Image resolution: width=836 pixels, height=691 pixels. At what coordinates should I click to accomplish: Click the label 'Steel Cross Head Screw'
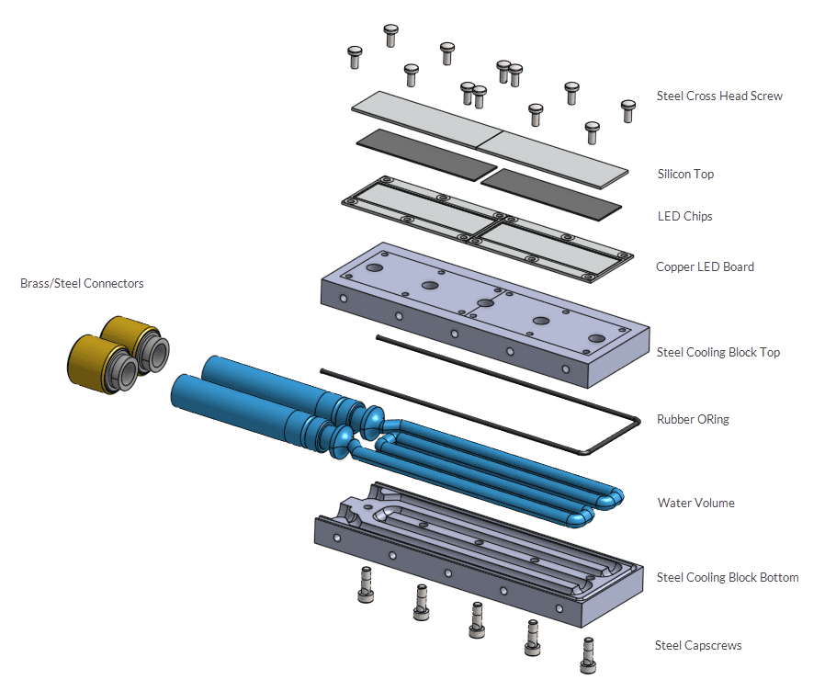coord(719,96)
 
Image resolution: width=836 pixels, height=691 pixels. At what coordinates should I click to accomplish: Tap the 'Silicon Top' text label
coord(685,174)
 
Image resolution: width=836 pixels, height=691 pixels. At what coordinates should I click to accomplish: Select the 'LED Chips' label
coord(684,217)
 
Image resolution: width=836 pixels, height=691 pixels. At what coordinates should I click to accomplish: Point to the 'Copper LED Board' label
coord(705,267)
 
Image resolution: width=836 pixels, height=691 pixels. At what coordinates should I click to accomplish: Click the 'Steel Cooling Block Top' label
coord(718,352)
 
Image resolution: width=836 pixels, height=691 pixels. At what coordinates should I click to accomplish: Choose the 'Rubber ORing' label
coord(693,419)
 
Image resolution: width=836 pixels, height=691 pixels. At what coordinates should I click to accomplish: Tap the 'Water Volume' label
coord(695,503)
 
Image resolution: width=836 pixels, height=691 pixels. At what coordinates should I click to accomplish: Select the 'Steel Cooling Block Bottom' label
coord(727,577)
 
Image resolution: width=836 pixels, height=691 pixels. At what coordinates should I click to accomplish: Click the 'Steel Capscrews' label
coord(697,645)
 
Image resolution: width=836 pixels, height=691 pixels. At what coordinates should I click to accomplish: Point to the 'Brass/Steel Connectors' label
coord(82,284)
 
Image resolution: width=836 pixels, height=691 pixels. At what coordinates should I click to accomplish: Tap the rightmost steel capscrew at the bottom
coord(588,653)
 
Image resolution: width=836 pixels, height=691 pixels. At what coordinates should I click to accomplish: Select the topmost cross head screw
coord(390,35)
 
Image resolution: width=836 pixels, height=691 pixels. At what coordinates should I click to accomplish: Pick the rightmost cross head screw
coord(628,110)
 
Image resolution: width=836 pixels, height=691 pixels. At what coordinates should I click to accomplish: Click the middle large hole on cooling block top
coord(485,303)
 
